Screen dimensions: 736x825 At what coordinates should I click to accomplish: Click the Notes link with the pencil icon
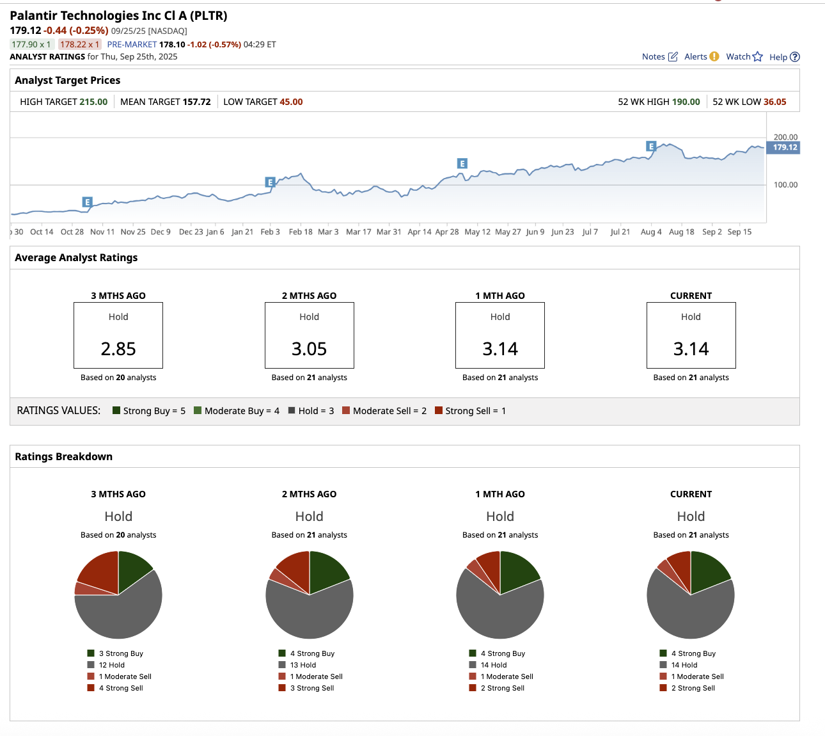pyautogui.click(x=659, y=56)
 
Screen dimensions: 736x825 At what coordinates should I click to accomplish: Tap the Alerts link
pyautogui.click(x=701, y=56)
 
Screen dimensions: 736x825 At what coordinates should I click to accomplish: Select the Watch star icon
pyautogui.click(x=758, y=56)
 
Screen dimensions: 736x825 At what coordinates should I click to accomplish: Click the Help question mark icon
pyautogui.click(x=795, y=57)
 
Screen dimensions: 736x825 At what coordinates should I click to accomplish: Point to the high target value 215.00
pyautogui.click(x=93, y=102)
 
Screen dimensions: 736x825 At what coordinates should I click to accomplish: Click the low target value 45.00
pyautogui.click(x=291, y=102)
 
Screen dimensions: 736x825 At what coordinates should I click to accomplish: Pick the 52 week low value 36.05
pyautogui.click(x=774, y=102)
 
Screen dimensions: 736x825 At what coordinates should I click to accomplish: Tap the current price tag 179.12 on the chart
pyautogui.click(x=785, y=147)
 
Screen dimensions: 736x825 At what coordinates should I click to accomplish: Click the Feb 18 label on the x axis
pyautogui.click(x=301, y=232)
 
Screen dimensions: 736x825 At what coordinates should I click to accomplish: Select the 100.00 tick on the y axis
pyautogui.click(x=785, y=185)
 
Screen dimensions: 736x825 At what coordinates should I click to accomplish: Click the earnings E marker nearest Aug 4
pyautogui.click(x=651, y=147)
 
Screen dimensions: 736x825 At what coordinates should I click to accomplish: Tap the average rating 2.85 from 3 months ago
pyautogui.click(x=118, y=349)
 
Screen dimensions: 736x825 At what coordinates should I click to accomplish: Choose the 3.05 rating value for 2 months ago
pyautogui.click(x=309, y=349)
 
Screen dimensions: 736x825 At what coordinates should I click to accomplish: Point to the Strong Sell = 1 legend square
pyautogui.click(x=439, y=410)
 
